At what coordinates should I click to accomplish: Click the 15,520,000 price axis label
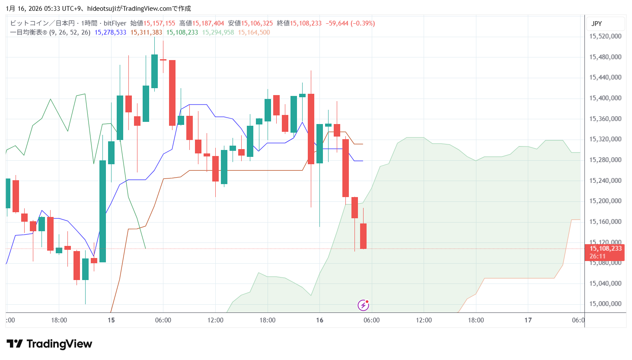605,36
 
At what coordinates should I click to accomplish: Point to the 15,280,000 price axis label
605,160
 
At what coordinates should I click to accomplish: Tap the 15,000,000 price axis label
605,304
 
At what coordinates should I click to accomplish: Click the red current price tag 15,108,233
605,248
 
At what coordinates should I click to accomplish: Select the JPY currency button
597,24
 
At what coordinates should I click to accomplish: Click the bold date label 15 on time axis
111,320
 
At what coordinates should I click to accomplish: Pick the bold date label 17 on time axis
528,320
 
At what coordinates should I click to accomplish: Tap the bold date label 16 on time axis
319,320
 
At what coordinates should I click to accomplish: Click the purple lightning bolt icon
363,306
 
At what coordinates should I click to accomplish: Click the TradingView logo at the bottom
49,344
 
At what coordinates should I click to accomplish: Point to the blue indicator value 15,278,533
110,32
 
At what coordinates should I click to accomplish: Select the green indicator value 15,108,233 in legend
182,32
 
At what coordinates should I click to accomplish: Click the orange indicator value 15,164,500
254,32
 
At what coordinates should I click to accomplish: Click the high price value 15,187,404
208,23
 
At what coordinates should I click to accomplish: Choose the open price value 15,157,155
159,23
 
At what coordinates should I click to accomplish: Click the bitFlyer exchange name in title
115,23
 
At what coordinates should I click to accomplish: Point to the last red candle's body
363,236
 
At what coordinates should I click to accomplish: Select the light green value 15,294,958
218,32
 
